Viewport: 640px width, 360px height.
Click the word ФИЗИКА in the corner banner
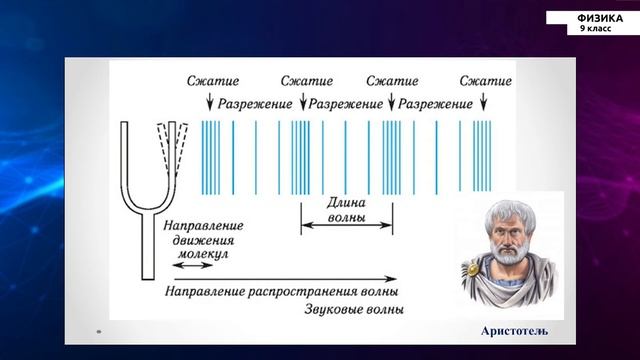tap(600, 18)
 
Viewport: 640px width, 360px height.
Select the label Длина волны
tap(346, 208)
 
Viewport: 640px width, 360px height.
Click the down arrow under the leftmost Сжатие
tap(210, 103)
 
